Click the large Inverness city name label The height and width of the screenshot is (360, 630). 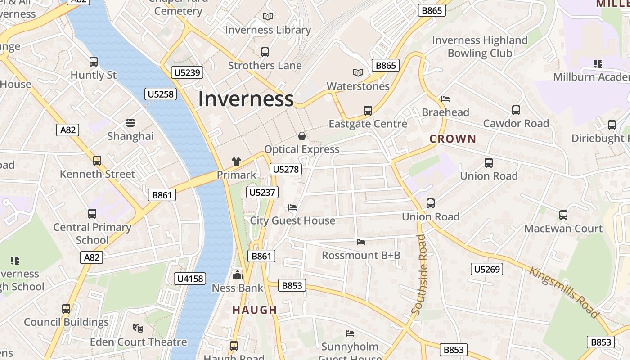(246, 99)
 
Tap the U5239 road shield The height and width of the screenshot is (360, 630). (187, 72)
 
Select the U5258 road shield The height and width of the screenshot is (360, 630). (161, 94)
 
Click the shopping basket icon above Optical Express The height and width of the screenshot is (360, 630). (302, 135)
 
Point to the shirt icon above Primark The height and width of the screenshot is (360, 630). (236, 162)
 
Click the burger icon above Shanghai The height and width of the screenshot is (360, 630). (130, 122)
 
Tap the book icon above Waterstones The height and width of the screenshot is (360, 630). (358, 72)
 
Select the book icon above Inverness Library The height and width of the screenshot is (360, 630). (268, 16)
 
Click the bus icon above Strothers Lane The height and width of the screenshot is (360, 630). (265, 52)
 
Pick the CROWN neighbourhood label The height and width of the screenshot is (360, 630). (453, 139)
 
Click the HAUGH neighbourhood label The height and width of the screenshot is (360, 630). (255, 310)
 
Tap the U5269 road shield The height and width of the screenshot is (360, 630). (487, 270)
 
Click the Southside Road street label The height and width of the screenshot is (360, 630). (419, 274)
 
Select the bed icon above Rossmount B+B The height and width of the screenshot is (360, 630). (361, 242)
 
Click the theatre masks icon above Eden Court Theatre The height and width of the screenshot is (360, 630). (138, 328)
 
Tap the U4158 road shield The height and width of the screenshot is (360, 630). (190, 279)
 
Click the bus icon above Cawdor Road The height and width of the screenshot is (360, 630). (516, 110)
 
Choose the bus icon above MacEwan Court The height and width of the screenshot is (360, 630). (563, 215)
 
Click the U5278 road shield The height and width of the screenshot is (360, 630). (286, 170)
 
